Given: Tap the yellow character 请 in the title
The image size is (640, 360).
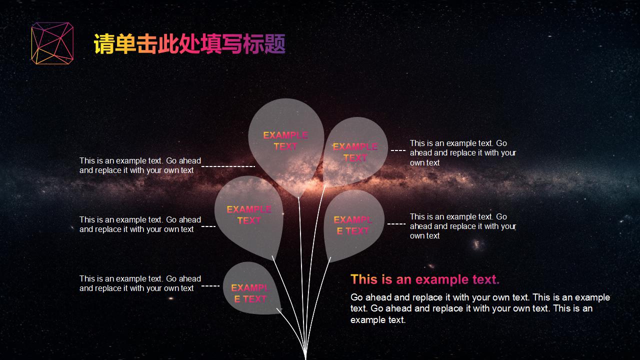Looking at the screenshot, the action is point(104,44).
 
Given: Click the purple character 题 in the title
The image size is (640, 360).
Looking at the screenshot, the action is point(275,44).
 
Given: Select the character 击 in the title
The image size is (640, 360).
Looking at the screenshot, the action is point(147,44).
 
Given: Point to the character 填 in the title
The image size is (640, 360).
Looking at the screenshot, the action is point(211,44).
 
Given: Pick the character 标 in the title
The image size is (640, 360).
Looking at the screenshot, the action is point(253,44).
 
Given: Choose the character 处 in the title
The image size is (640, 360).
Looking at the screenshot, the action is point(189,44).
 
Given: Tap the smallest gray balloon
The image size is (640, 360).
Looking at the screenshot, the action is point(251,288).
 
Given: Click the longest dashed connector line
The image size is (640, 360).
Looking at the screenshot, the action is point(228,166).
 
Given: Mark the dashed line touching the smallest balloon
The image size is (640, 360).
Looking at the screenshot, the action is point(210,285).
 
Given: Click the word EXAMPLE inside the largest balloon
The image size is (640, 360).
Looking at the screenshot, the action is point(285,135).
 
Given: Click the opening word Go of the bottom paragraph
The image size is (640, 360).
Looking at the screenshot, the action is point(356,297).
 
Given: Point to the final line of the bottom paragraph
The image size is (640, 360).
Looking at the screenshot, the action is point(378,320).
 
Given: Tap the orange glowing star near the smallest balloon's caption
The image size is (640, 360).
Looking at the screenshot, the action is point(171,298).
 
